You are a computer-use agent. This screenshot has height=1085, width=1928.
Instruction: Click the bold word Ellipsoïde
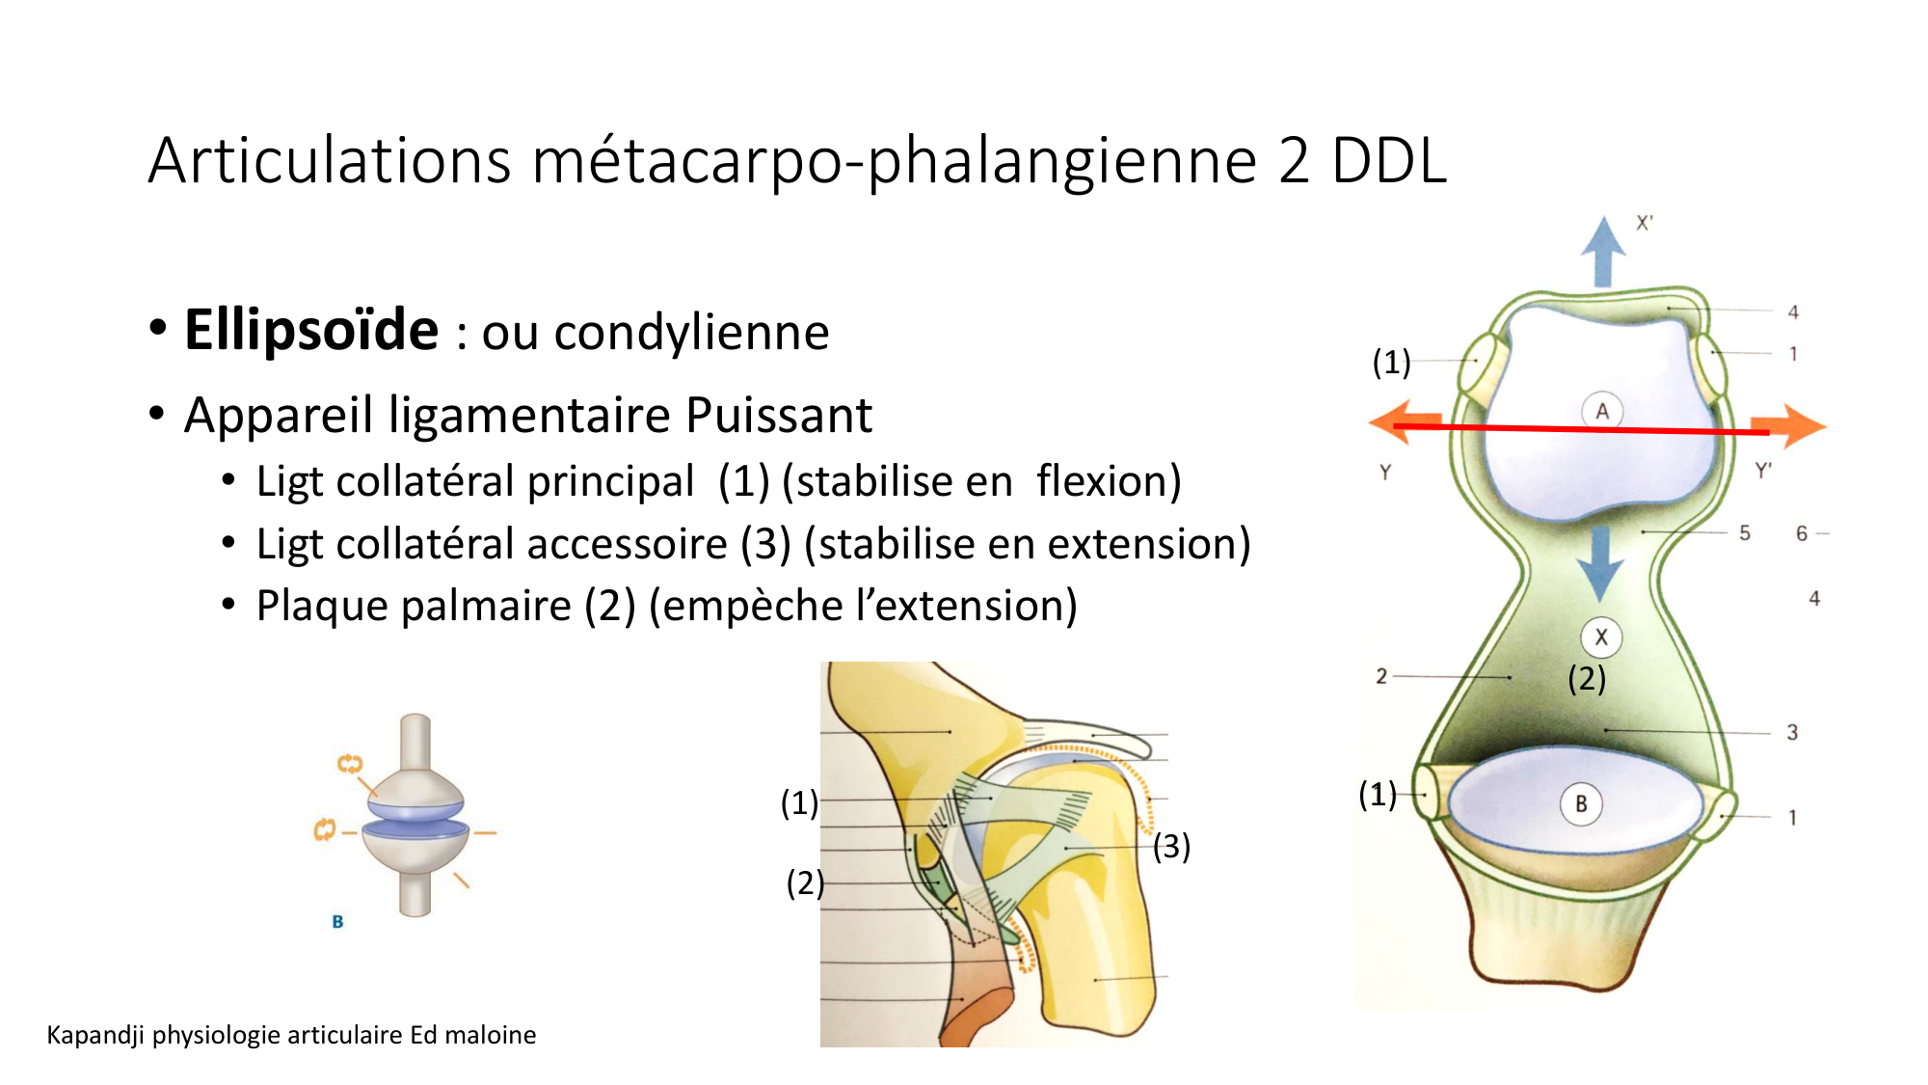[x=311, y=331]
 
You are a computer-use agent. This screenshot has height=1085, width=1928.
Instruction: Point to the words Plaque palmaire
[x=414, y=607]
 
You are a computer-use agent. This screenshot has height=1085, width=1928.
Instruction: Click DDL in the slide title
[x=1389, y=161]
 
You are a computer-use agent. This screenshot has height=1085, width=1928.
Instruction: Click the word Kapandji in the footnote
[x=95, y=1035]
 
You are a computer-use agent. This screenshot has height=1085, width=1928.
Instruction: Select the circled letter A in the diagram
[x=1602, y=411]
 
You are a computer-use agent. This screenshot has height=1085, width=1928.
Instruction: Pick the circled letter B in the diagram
[x=1581, y=804]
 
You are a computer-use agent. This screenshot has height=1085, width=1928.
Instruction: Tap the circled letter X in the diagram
[x=1601, y=637]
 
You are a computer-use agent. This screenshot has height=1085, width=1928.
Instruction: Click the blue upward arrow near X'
[x=1603, y=251]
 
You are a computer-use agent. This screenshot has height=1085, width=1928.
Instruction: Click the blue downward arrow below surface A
[x=1600, y=565]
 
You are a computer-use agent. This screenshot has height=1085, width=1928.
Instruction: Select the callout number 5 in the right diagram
[x=1745, y=533]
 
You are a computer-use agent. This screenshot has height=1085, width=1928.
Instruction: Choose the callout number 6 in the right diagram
[x=1802, y=533]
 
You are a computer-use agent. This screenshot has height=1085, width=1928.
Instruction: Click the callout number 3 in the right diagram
[x=1792, y=733]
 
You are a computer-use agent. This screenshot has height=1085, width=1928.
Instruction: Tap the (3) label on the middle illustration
[x=1171, y=847]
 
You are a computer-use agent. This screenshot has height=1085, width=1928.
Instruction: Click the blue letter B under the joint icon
[x=337, y=922]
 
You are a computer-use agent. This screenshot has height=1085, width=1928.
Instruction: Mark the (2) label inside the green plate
[x=1587, y=679]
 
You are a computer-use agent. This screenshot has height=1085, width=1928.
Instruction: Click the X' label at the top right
[x=1645, y=223]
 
